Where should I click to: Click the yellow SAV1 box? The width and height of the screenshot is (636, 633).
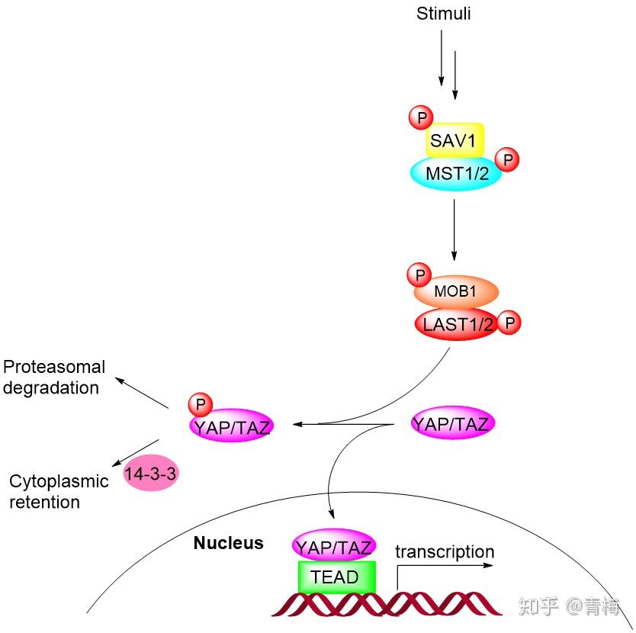pyautogui.click(x=455, y=140)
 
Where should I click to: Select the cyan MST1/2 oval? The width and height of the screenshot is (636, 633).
pyautogui.click(x=456, y=173)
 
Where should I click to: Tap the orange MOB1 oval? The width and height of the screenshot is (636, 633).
pyautogui.click(x=456, y=291)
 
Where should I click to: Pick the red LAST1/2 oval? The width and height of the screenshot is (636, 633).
pyautogui.click(x=457, y=324)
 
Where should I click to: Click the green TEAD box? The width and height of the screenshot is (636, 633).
pyautogui.click(x=336, y=577)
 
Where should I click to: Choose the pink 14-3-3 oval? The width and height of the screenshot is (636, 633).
pyautogui.click(x=150, y=473)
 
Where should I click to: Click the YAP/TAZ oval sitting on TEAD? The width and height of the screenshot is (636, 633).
pyautogui.click(x=334, y=545)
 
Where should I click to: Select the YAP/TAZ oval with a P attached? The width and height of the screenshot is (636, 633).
pyautogui.click(x=232, y=426)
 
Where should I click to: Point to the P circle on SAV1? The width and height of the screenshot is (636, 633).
pyautogui.click(x=421, y=117)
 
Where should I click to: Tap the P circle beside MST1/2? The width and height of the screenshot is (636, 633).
pyautogui.click(x=507, y=159)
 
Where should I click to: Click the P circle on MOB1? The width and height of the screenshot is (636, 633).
pyautogui.click(x=419, y=275)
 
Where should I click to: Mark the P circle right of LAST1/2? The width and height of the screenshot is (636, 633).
pyautogui.click(x=509, y=323)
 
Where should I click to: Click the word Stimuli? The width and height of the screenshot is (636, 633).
pyautogui.click(x=443, y=14)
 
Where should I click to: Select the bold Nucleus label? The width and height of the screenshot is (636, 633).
pyautogui.click(x=228, y=543)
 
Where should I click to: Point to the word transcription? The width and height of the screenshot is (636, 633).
pyautogui.click(x=445, y=552)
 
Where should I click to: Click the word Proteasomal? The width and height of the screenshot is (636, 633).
pyautogui.click(x=54, y=366)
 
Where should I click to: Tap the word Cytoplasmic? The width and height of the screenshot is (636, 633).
pyautogui.click(x=59, y=481)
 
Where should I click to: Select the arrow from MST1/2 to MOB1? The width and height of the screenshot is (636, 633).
pyautogui.click(x=455, y=230)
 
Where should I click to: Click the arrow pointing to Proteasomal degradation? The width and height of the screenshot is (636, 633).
pyautogui.click(x=142, y=393)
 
